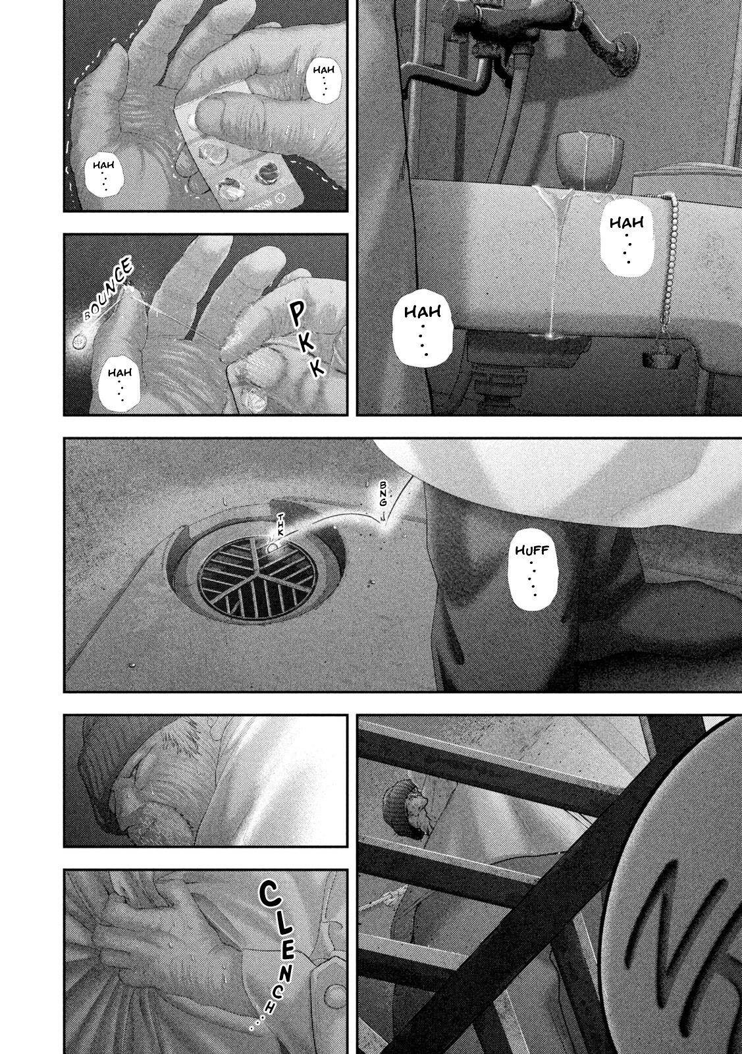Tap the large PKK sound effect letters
305,338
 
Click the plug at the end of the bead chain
660,360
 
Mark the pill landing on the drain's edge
273,548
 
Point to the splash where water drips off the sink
548,336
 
